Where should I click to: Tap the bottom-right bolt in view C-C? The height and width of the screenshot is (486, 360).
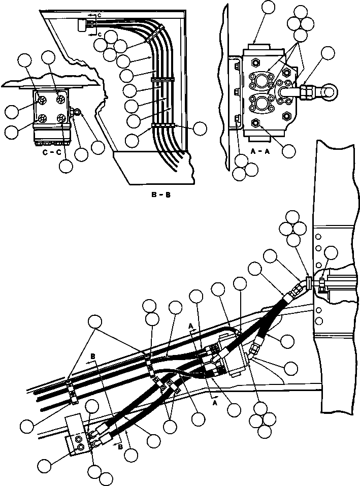(x=61, y=119)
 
